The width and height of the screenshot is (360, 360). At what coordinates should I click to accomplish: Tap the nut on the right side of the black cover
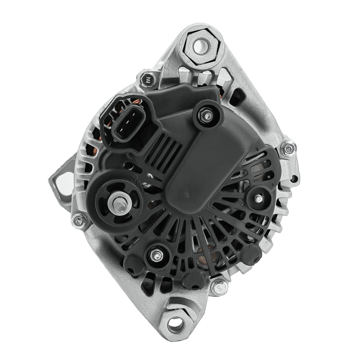tap(260, 198)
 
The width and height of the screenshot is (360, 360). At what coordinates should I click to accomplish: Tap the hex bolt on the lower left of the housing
tap(80, 220)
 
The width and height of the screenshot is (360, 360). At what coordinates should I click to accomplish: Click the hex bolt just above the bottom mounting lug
tap(220, 285)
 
